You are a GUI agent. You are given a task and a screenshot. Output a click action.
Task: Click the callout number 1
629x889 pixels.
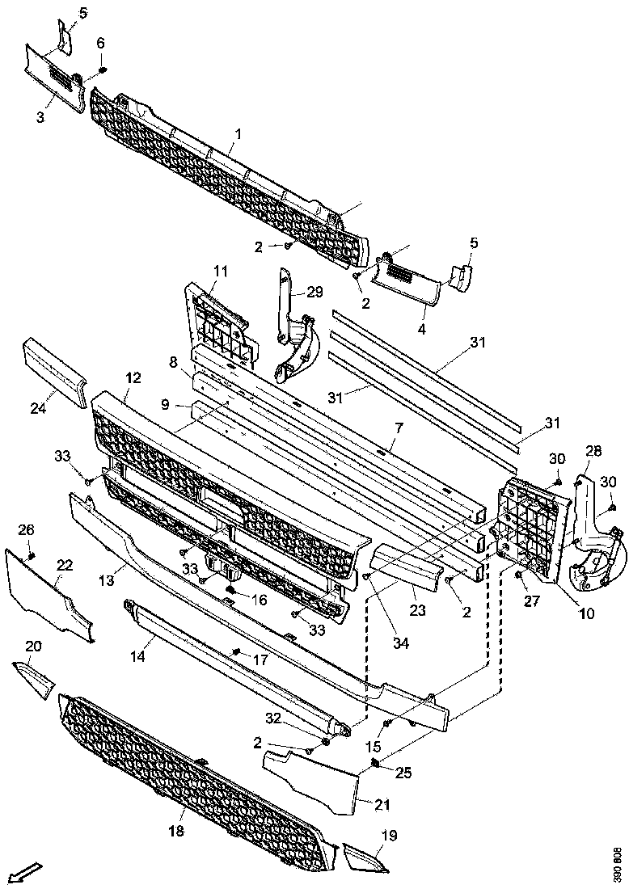pos(238,131)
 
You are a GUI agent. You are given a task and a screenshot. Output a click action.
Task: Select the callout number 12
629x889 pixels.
pos(133,377)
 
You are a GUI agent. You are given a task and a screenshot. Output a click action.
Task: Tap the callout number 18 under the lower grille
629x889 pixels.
pos(176,832)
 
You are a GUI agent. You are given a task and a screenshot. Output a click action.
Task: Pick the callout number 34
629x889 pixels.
pos(378,643)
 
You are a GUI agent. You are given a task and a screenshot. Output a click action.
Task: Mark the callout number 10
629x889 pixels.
pos(585,613)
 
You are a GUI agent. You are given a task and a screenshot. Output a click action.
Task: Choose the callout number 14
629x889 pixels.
pos(138,657)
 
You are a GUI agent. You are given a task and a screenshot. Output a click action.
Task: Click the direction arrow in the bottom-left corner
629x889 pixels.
pos(26,872)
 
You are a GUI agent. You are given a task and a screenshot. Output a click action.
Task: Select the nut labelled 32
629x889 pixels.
pos(325,742)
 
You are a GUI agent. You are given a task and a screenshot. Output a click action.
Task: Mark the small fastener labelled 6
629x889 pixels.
pos(103,70)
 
